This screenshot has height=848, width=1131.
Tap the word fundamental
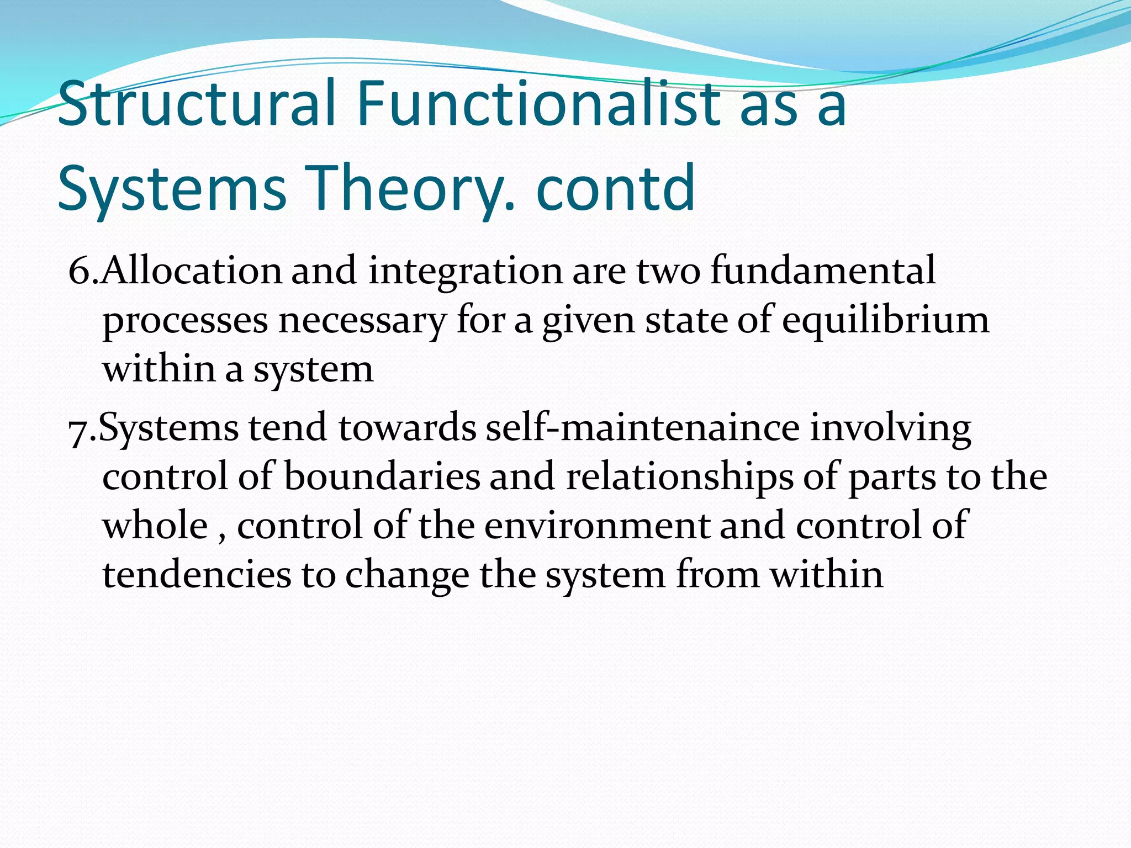pyautogui.click(x=823, y=271)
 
